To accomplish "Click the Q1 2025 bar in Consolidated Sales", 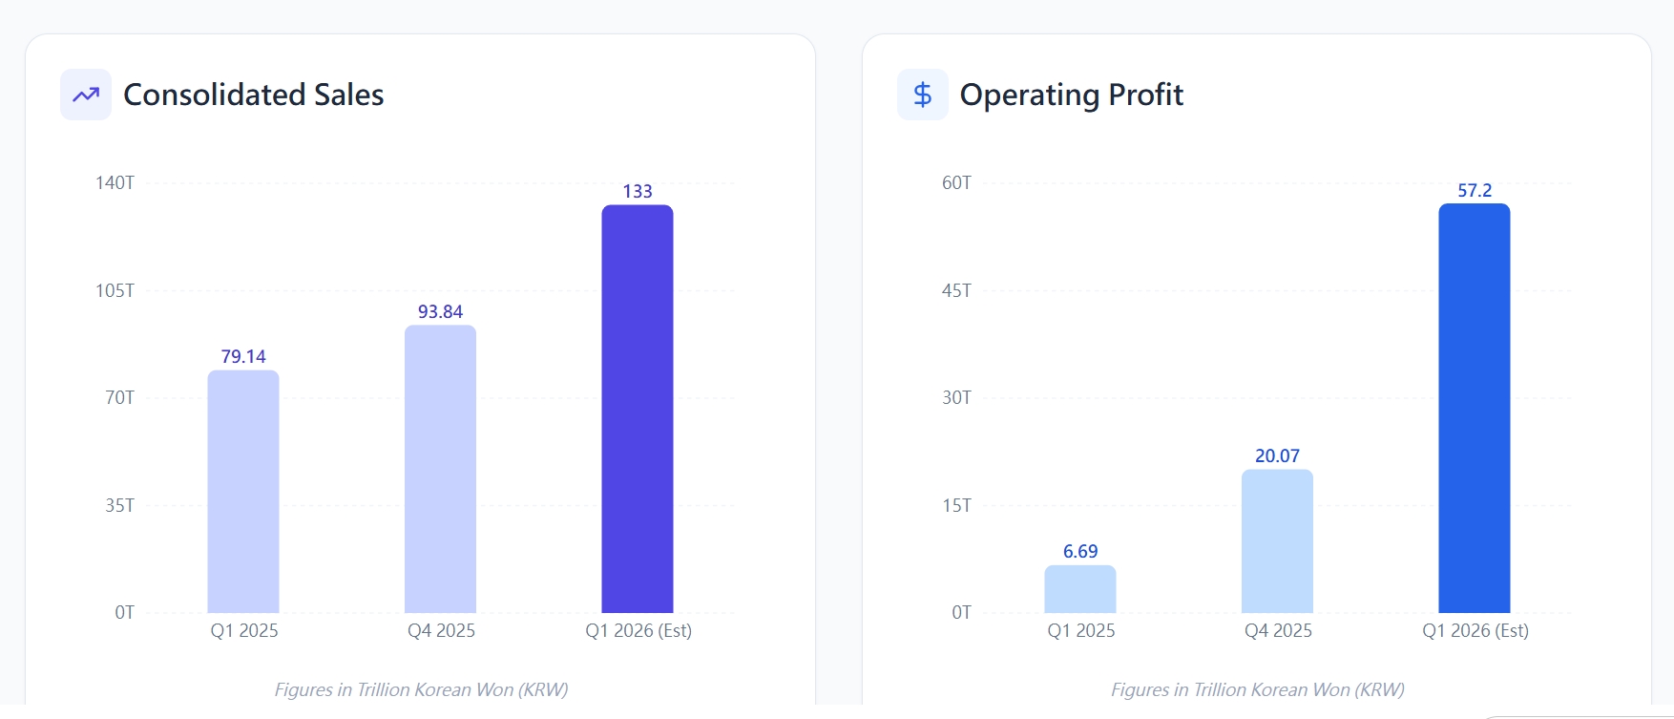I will pos(243,492).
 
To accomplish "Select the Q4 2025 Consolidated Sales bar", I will pos(440,469).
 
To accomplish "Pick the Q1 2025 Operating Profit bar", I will pos(1080,589).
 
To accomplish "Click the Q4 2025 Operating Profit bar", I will pos(1277,541).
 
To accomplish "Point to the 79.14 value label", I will pos(243,356).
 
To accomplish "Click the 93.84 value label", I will pos(440,311).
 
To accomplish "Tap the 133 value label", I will pos(638,191).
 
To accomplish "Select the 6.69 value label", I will pos(1080,551).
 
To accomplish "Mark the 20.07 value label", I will pos(1277,455).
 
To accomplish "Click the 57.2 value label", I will pos(1475,190).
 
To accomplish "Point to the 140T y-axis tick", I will pos(115,182).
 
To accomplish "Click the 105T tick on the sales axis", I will pos(115,290).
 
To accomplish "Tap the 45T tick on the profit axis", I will pos(956,290).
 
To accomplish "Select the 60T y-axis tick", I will pos(956,182).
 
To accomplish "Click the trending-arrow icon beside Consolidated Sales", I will pos(86,95).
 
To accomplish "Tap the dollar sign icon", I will pos(923,95).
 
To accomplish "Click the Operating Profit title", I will pos(1071,95).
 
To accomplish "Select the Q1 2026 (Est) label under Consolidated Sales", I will pos(638,630).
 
